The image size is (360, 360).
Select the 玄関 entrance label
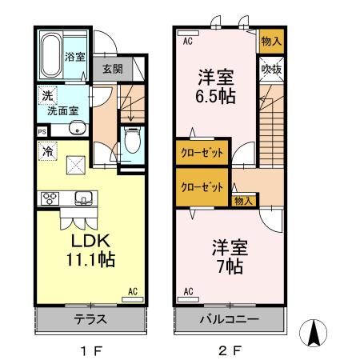pos(111,69)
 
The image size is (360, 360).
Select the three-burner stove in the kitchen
pos(47,198)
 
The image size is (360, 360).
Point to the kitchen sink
pos(82,198)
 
